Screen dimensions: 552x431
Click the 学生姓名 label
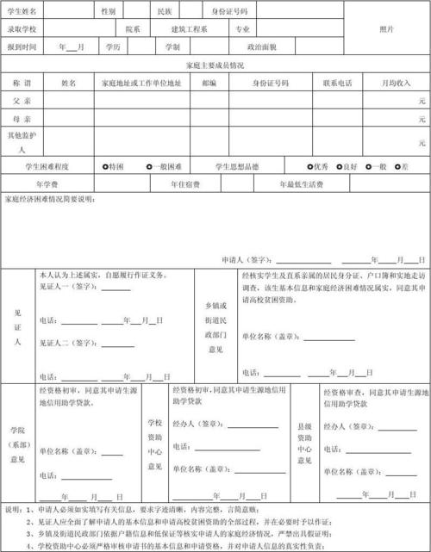22,11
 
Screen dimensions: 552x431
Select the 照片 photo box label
387,28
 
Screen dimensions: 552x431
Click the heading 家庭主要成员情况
215,65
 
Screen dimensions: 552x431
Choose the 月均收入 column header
397,83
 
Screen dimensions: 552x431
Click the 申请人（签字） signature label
247,259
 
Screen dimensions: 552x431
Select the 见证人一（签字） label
69,288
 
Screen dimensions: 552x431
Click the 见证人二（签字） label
69,342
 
